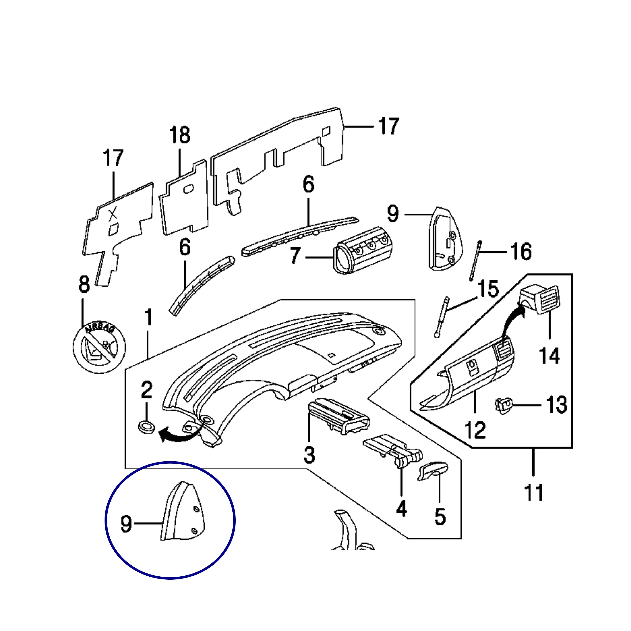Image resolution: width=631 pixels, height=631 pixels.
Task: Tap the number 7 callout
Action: [295, 256]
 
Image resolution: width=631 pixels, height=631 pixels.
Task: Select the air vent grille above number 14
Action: [540, 299]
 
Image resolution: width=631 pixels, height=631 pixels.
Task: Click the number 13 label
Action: [557, 405]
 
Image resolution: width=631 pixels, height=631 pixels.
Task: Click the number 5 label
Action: [440, 517]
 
